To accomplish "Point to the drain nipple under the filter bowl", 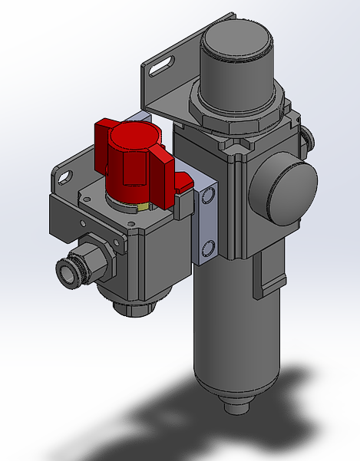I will click(x=231, y=406).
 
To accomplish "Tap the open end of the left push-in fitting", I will click(x=65, y=271).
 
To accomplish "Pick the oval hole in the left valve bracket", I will click(x=64, y=178).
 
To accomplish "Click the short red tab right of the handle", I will click(x=183, y=183).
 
